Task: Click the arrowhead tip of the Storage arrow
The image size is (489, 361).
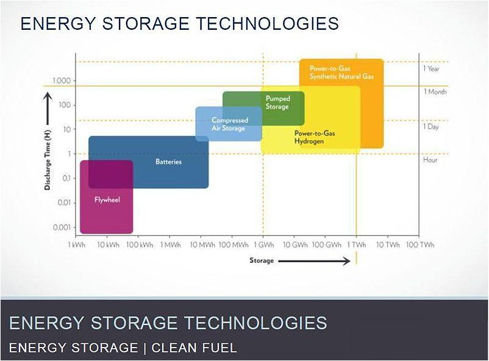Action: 350,261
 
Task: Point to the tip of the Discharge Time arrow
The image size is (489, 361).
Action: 48,92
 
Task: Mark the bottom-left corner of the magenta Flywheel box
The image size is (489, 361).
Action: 80,234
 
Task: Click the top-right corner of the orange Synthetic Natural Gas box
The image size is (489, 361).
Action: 384,59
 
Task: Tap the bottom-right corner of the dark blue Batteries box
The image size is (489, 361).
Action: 209,188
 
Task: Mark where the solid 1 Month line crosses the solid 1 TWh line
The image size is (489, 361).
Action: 357,86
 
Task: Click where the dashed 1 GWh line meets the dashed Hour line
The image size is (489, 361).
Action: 263,154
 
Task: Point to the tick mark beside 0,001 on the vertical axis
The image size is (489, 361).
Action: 74,227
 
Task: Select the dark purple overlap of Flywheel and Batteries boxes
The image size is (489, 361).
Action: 111,174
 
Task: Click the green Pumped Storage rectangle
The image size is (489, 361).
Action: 263,109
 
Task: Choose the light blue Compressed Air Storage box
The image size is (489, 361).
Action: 229,124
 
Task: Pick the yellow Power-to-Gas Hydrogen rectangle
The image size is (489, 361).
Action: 310,120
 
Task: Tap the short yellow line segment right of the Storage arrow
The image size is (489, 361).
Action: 357,258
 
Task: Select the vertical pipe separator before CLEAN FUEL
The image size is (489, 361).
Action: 145,348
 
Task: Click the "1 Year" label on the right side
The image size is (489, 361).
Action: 431,69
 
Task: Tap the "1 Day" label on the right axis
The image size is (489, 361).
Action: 431,127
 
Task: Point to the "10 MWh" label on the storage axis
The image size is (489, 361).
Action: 202,245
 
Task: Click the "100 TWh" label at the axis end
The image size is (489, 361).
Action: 419,245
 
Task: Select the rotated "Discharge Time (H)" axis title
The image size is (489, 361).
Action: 48,160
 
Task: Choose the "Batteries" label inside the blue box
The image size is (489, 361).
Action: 168,162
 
